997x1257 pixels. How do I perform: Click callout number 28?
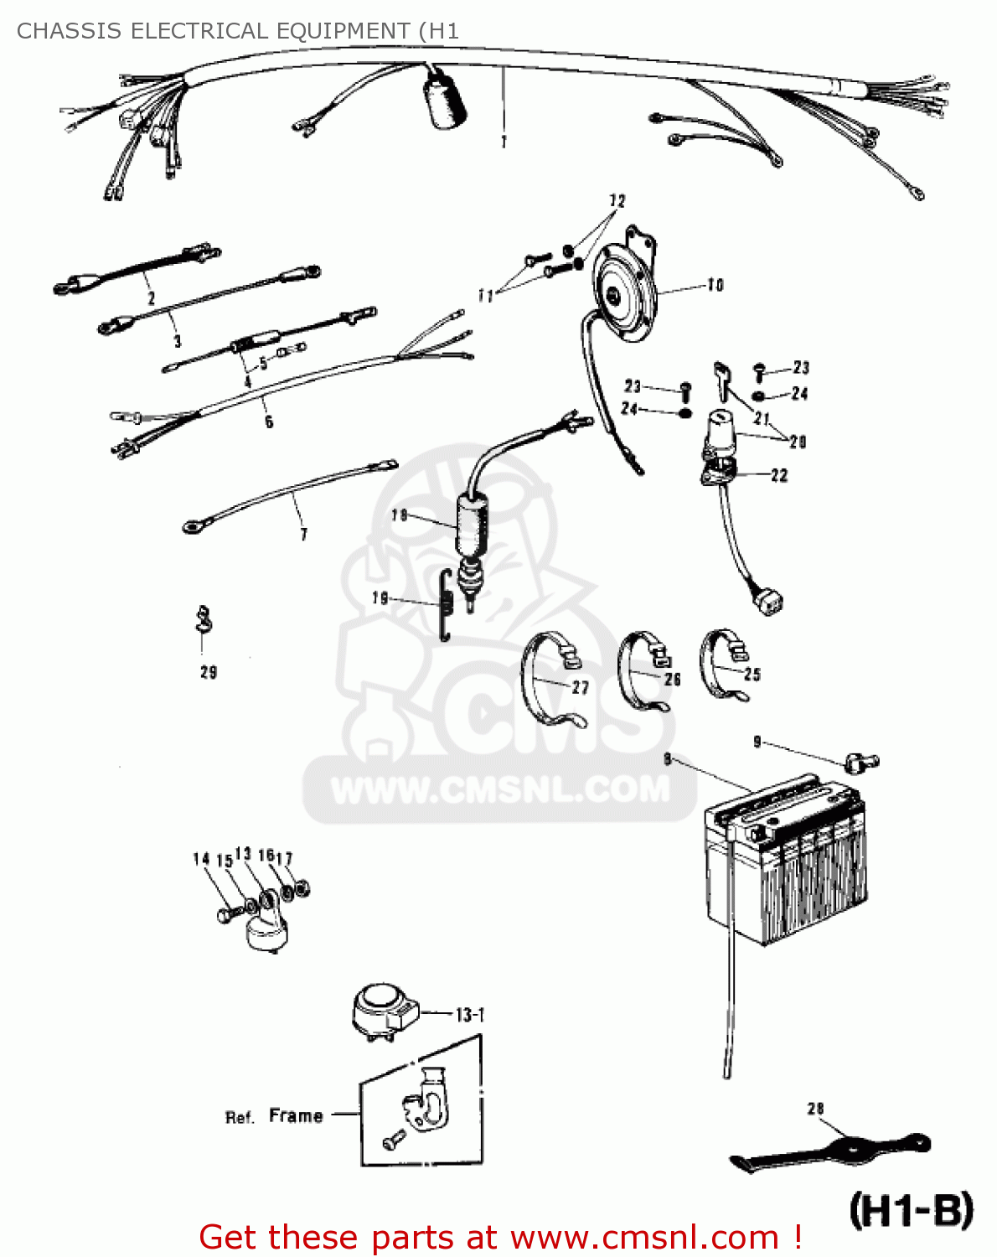point(815,1109)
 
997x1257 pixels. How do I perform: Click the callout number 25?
point(752,675)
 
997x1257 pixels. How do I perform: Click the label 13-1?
point(470,1015)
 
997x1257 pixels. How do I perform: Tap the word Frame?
point(296,1116)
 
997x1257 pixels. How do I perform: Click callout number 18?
point(400,515)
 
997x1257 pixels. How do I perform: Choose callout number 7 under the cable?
point(303,534)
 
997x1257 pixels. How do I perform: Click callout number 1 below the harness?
point(504,142)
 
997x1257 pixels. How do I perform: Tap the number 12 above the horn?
point(617,201)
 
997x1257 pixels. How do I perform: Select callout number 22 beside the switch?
point(779,475)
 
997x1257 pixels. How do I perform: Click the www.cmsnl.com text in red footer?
point(644,1237)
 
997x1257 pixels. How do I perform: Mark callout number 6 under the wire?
point(268,422)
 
